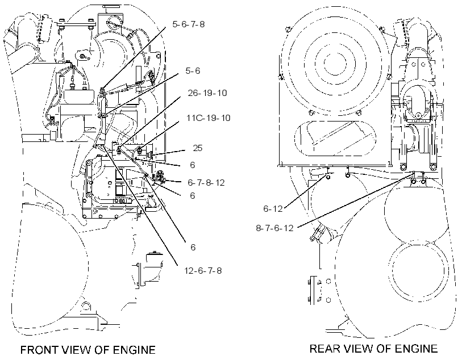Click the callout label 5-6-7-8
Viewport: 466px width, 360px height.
(x=189, y=24)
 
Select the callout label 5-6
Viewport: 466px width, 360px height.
(x=193, y=70)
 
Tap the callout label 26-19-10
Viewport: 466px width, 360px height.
(x=207, y=93)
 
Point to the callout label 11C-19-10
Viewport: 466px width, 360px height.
(x=209, y=118)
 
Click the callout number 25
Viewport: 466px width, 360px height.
(x=198, y=148)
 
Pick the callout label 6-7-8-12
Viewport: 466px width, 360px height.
(x=206, y=183)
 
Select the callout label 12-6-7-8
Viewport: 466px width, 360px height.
(x=203, y=271)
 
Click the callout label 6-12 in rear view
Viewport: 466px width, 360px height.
(x=273, y=209)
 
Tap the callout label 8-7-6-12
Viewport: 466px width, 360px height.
(x=274, y=228)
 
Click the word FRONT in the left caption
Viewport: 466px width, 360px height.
(x=39, y=350)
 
